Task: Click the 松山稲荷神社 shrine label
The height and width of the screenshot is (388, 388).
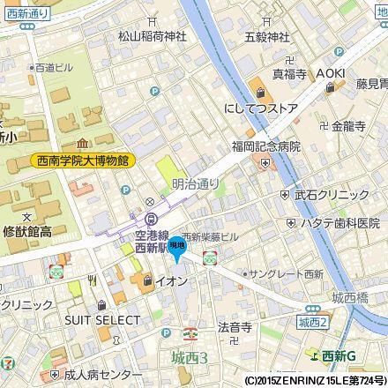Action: pos(152,37)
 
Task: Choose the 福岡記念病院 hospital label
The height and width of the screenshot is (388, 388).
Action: pos(266,146)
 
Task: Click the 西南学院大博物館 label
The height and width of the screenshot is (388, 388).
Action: pos(78,160)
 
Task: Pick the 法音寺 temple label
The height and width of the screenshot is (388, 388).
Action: pos(235,326)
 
